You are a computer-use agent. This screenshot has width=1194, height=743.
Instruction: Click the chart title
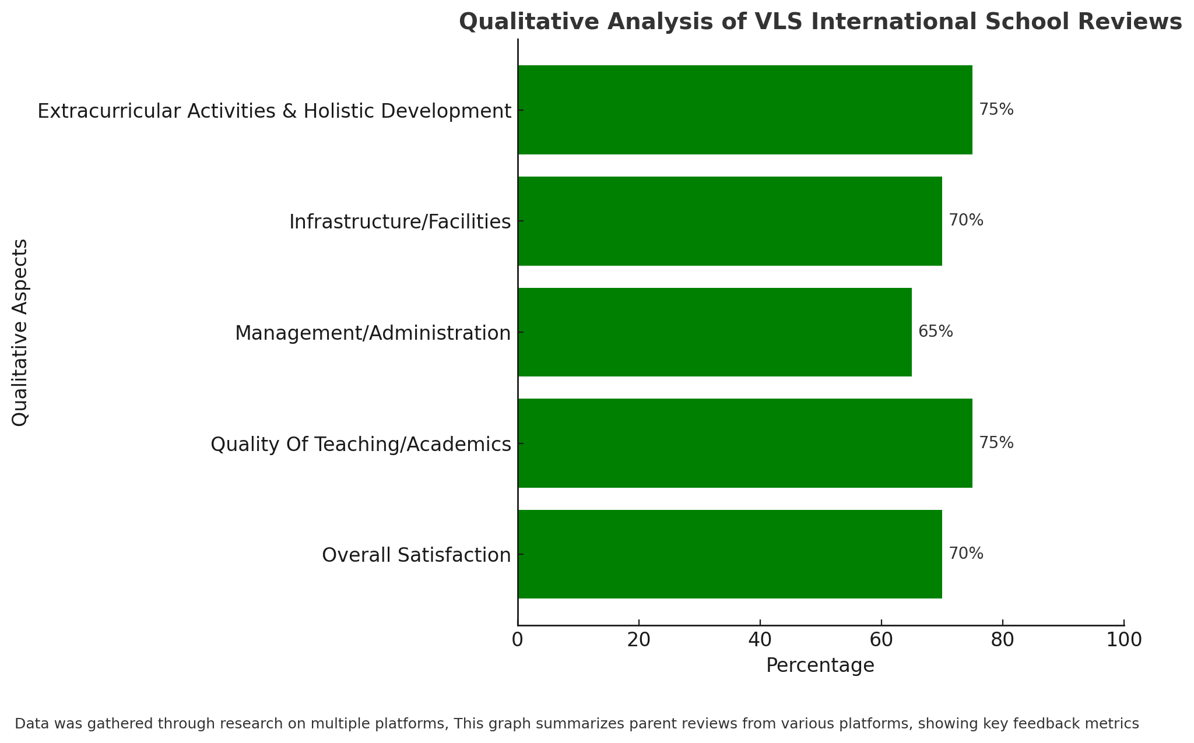click(820, 22)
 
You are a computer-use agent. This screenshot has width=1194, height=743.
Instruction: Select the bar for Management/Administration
click(715, 332)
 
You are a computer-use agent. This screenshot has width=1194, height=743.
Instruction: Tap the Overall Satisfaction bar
click(730, 554)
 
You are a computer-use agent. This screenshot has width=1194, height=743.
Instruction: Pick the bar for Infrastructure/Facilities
click(730, 221)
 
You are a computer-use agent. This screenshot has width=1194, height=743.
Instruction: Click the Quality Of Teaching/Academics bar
click(745, 443)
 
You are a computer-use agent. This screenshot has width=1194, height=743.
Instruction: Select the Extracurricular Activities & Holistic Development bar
click(745, 110)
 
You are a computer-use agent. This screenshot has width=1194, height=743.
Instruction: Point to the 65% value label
click(936, 332)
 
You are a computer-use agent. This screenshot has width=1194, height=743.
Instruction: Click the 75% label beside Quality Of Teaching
click(996, 443)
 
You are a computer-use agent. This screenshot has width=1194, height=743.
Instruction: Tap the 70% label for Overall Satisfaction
click(966, 554)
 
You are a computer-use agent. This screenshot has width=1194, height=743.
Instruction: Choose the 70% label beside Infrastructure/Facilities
click(966, 220)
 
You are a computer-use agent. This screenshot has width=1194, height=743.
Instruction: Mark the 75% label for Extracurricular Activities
click(996, 110)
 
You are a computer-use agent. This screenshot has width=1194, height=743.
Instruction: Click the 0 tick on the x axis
click(518, 640)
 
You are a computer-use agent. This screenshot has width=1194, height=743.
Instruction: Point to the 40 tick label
click(760, 640)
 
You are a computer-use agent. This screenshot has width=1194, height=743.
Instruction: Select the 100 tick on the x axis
click(1124, 640)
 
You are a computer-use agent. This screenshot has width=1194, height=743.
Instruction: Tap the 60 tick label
click(882, 640)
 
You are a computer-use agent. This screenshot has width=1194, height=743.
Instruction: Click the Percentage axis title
click(820, 665)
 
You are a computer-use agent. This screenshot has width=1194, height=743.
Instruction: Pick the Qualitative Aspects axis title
click(20, 332)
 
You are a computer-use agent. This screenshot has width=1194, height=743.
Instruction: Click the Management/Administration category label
click(373, 333)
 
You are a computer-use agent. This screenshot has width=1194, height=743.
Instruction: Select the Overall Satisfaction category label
click(416, 555)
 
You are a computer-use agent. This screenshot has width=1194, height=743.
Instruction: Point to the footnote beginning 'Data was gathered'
click(577, 724)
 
